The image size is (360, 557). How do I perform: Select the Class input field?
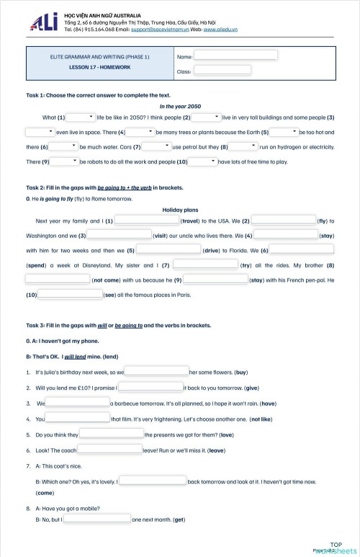click(x=222, y=70)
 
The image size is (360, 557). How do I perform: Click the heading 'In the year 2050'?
click(x=180, y=106)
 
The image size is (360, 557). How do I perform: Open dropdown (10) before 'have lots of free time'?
click(x=203, y=161)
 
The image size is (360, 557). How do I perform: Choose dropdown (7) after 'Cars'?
click(x=156, y=146)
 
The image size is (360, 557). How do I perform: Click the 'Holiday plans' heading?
click(x=180, y=209)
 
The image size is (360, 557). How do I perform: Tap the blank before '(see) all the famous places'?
click(x=69, y=295)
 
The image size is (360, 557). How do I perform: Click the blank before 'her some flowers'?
click(x=156, y=372)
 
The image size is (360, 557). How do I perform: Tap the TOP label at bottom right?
click(x=336, y=544)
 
